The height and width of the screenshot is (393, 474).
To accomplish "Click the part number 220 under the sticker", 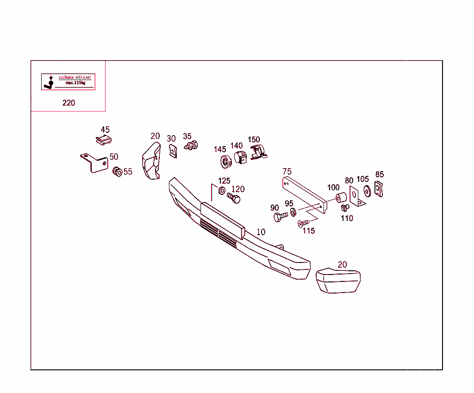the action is (69, 103).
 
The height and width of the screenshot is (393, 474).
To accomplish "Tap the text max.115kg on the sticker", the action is (75, 83).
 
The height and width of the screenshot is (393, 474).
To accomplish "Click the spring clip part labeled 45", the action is (104, 140).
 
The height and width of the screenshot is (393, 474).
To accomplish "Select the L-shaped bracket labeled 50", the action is (94, 163).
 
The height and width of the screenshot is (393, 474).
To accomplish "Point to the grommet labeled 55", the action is (117, 172).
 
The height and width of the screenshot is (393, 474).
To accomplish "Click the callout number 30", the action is (171, 138).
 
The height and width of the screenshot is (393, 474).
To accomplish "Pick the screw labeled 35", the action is (191, 145).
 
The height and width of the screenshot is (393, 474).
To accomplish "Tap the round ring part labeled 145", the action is (226, 162).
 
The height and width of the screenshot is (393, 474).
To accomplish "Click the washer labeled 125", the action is (222, 191).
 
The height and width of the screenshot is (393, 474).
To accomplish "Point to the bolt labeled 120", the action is (234, 198).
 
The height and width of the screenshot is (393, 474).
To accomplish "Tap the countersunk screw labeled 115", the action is (304, 224).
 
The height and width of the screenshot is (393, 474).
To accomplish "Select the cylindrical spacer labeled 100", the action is (341, 198).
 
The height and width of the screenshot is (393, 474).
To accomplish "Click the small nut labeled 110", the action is (345, 208).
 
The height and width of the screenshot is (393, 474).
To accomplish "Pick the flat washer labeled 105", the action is (367, 191).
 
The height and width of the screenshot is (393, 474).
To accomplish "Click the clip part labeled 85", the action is (379, 189).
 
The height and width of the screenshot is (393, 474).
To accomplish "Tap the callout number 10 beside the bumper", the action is (261, 232).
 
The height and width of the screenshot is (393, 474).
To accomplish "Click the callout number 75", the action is (287, 171).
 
